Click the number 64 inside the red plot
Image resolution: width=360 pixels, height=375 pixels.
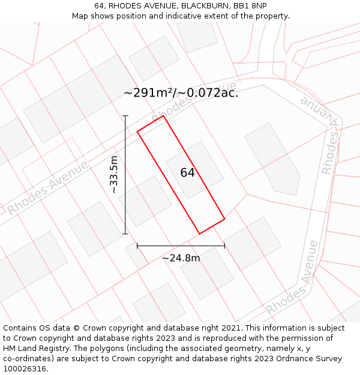tap(187, 173)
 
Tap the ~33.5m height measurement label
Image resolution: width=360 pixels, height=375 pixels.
tap(114, 175)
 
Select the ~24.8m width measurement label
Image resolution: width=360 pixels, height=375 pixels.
tap(181, 258)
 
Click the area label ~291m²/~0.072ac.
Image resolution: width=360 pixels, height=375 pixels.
tap(181, 93)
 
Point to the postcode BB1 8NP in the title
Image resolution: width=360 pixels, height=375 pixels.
tap(250, 6)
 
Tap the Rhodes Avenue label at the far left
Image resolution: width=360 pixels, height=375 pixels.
tap(48, 188)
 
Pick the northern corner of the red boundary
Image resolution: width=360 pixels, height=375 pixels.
tap(163, 116)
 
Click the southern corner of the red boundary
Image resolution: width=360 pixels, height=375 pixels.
tap(199, 234)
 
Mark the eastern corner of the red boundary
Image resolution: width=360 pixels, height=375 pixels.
tap(225, 219)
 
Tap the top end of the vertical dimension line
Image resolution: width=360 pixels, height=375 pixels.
tap(125, 116)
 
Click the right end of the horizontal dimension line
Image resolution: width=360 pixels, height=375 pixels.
tap(225, 245)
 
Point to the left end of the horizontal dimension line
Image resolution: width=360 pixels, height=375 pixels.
tap(137, 245)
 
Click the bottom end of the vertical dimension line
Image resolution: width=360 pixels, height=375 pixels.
tap(125, 234)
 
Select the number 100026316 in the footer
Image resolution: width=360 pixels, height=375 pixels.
tap(25, 369)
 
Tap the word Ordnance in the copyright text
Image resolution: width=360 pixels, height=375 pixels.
tap(302, 359)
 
